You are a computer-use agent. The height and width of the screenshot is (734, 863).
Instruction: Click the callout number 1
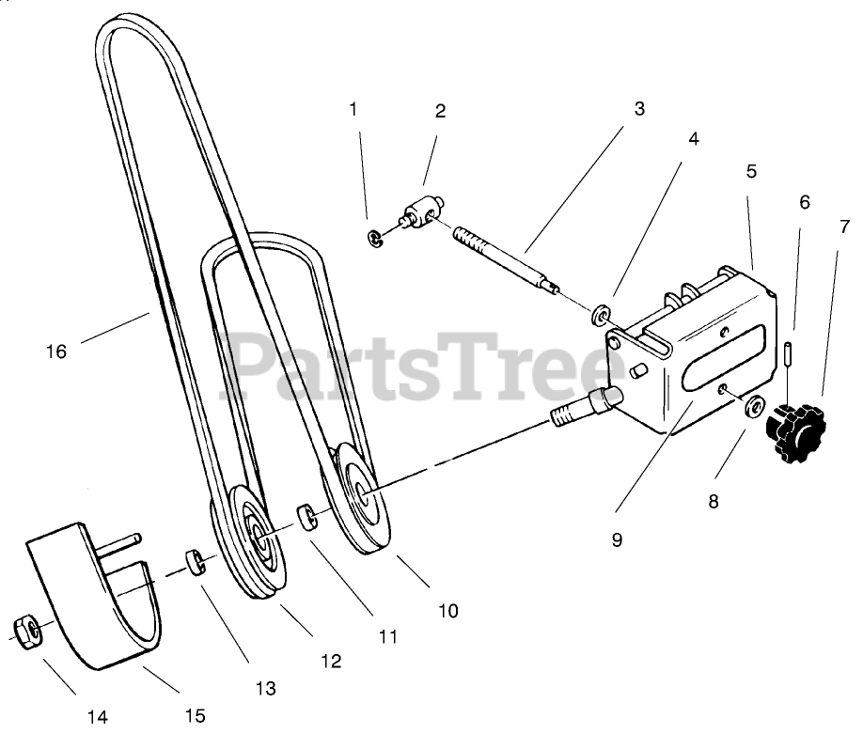point(353,109)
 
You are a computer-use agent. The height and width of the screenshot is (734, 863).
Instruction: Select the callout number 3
point(639,108)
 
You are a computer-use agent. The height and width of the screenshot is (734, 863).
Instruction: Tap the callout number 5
point(751,171)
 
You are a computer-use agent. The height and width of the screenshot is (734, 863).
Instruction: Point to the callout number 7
point(844,226)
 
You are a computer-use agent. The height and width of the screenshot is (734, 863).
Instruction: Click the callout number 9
point(617,540)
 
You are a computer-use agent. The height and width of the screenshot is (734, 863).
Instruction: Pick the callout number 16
point(56,351)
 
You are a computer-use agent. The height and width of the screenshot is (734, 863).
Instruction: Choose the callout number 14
point(98,717)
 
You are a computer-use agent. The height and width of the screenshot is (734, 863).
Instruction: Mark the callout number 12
point(331,661)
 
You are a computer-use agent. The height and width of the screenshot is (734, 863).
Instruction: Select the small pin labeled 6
point(789,357)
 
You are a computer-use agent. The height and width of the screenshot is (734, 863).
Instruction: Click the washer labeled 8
point(753,408)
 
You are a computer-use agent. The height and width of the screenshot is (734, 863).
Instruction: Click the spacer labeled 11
point(307,518)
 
